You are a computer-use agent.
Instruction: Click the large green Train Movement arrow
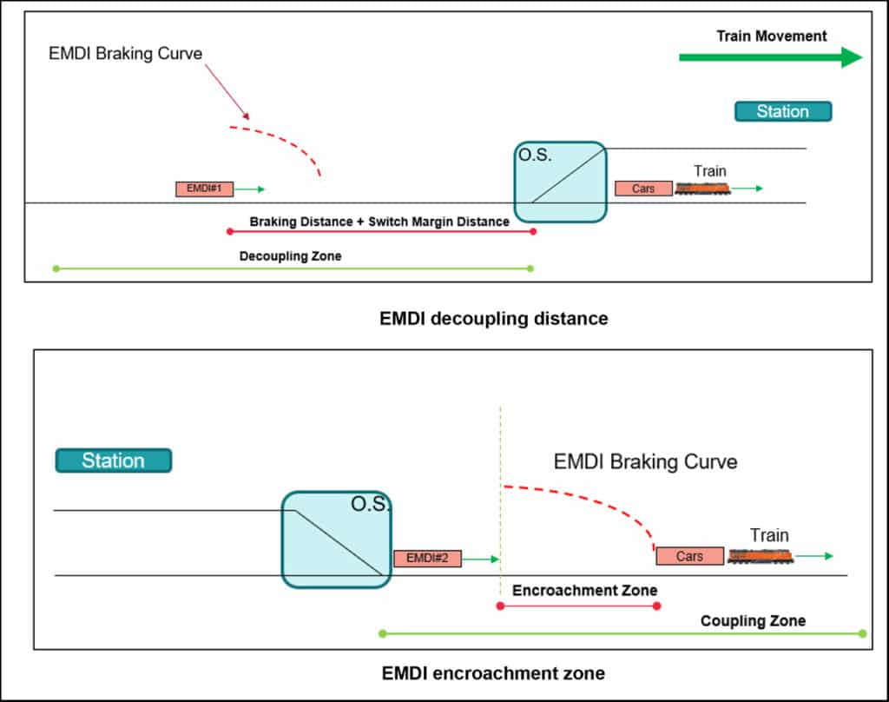769,58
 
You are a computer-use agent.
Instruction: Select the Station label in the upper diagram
783,111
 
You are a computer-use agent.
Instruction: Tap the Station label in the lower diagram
113,460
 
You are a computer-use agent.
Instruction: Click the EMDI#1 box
204,189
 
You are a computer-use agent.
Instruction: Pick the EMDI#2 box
427,559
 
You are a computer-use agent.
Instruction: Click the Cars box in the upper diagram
643,189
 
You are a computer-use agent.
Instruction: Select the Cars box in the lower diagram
689,556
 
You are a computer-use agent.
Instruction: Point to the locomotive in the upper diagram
702,189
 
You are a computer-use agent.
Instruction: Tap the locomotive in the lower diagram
761,556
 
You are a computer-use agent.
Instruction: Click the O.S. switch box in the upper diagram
560,182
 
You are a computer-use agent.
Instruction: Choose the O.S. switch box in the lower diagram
337,539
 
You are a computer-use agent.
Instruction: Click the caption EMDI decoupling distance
494,319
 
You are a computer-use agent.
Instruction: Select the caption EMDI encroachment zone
493,673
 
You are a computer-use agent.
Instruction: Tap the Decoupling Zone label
291,256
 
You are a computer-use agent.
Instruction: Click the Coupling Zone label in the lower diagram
753,621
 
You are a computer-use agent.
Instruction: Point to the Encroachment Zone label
584,591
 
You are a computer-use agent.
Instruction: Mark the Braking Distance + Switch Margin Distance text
379,222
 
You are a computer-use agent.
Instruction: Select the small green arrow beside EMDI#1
249,189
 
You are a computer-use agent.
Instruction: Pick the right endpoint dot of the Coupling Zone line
862,633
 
